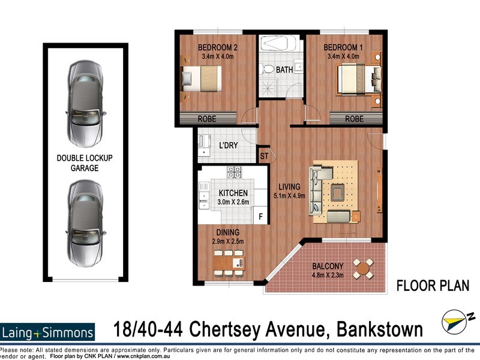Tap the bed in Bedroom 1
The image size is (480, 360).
[359, 79]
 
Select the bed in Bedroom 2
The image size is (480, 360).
[203, 79]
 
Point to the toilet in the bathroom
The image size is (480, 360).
[268, 69]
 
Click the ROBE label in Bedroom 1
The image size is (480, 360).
[354, 119]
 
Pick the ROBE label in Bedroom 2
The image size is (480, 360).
[206, 119]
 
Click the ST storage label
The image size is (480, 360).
[264, 156]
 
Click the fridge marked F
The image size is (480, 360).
[260, 216]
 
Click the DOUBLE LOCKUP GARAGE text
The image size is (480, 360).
[85, 163]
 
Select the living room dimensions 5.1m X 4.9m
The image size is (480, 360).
[290, 195]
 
